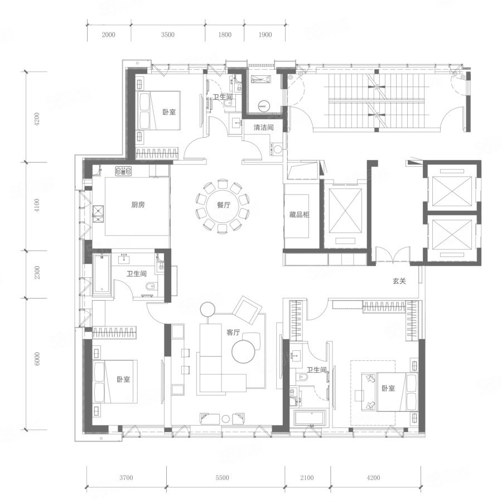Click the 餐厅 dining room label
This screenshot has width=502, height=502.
coord(224,205)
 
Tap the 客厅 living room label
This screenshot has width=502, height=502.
coord(233,332)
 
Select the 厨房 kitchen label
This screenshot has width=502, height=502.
coord(138,205)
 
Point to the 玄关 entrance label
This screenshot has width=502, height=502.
coord(399,281)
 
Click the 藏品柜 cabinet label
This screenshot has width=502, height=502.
coord(299,215)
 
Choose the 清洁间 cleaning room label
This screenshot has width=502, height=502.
coord(263,127)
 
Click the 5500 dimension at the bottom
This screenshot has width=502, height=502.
coord(222,477)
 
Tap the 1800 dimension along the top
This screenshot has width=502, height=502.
coord(225,35)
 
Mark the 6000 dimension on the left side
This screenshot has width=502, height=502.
coord(37,359)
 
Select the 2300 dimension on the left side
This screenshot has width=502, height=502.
coord(37,272)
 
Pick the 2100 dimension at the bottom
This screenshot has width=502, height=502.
coord(307,477)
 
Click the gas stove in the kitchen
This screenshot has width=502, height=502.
coord(124,171)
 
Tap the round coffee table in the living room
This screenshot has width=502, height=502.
coord(244,351)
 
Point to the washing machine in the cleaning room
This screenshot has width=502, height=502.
coord(276,149)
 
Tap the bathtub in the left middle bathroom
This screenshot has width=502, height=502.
coord(102,274)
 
